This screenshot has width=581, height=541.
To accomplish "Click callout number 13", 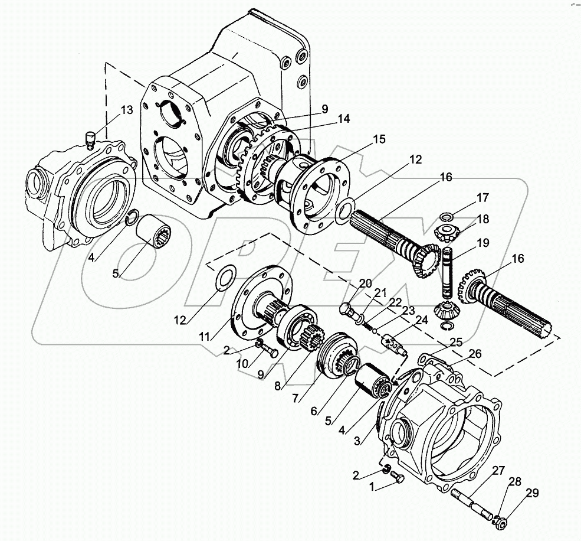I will click(127, 109).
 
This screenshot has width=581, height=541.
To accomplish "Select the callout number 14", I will click(344, 119).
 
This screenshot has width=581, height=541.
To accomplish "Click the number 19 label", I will click(483, 242).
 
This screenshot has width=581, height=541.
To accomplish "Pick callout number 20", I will click(365, 283).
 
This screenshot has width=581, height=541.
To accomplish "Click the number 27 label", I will click(499, 471).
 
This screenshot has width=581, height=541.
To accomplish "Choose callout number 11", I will click(204, 337).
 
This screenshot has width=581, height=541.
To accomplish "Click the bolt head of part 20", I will click(345, 309).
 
